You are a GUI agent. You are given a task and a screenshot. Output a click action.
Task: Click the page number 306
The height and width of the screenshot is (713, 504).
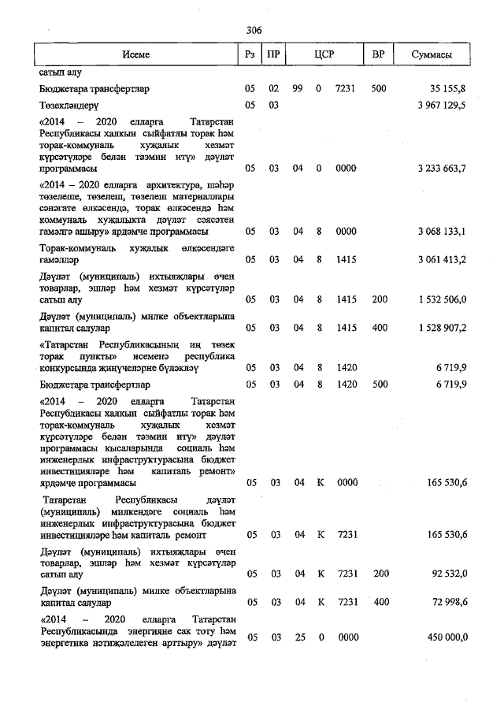(254, 30)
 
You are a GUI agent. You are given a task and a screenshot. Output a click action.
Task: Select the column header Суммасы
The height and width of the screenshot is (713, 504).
(431, 55)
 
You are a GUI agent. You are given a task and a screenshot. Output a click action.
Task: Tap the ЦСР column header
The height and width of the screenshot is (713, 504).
(324, 55)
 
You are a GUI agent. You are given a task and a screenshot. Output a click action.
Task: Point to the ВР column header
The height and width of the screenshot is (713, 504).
(378, 55)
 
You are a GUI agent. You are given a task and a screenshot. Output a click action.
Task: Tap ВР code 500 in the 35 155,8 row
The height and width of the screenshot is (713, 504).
(379, 89)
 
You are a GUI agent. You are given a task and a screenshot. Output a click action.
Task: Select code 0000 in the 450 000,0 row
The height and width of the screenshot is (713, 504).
(347, 637)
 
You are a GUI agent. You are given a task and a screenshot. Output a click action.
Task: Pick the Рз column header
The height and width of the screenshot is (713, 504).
(249, 55)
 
